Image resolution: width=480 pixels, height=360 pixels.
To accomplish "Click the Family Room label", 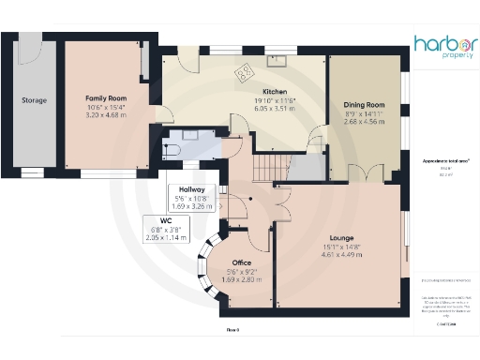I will coord(105,97).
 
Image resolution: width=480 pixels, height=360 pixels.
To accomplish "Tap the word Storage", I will coord(35,100).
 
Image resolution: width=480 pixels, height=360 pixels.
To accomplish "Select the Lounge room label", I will coord(341,238).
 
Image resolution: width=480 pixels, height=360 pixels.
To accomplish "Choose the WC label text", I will coord(165,221).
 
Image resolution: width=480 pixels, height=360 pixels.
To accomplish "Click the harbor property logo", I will coord(444,47).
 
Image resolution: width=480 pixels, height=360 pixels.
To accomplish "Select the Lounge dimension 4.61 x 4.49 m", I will coord(341,255).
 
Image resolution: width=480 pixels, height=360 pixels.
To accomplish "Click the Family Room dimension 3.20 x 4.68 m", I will coord(105,115).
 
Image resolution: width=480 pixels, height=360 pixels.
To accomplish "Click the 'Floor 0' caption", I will coord(233,330).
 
